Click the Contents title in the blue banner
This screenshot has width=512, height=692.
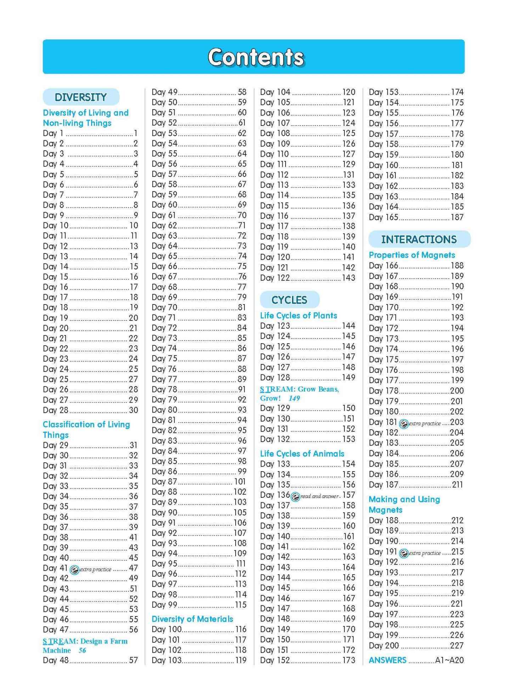tap(256, 57)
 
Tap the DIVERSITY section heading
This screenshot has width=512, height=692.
tap(81, 97)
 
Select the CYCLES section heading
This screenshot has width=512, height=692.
tap(289, 300)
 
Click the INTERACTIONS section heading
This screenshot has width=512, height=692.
tap(419, 239)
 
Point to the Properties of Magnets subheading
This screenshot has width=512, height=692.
tap(412, 255)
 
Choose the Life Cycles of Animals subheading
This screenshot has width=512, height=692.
tap(302, 453)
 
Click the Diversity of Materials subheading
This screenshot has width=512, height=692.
tap(192, 619)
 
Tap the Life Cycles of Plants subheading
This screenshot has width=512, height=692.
tap(298, 316)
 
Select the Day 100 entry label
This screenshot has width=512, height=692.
tap(167, 629)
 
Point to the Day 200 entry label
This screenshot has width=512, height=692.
tap(384, 646)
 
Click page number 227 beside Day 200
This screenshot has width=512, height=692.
tap(457, 646)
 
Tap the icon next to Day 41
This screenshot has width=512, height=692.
tap(74, 570)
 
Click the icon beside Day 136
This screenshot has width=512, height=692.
tap(295, 497)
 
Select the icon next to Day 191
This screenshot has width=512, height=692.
tap(404, 553)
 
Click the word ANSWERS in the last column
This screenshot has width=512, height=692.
tap(388, 660)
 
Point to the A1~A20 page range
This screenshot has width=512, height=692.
tap(449, 660)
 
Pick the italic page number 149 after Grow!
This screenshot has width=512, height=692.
tap(294, 398)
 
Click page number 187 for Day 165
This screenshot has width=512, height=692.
tap(457, 217)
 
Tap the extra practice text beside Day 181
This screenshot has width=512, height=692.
tap(425, 423)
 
